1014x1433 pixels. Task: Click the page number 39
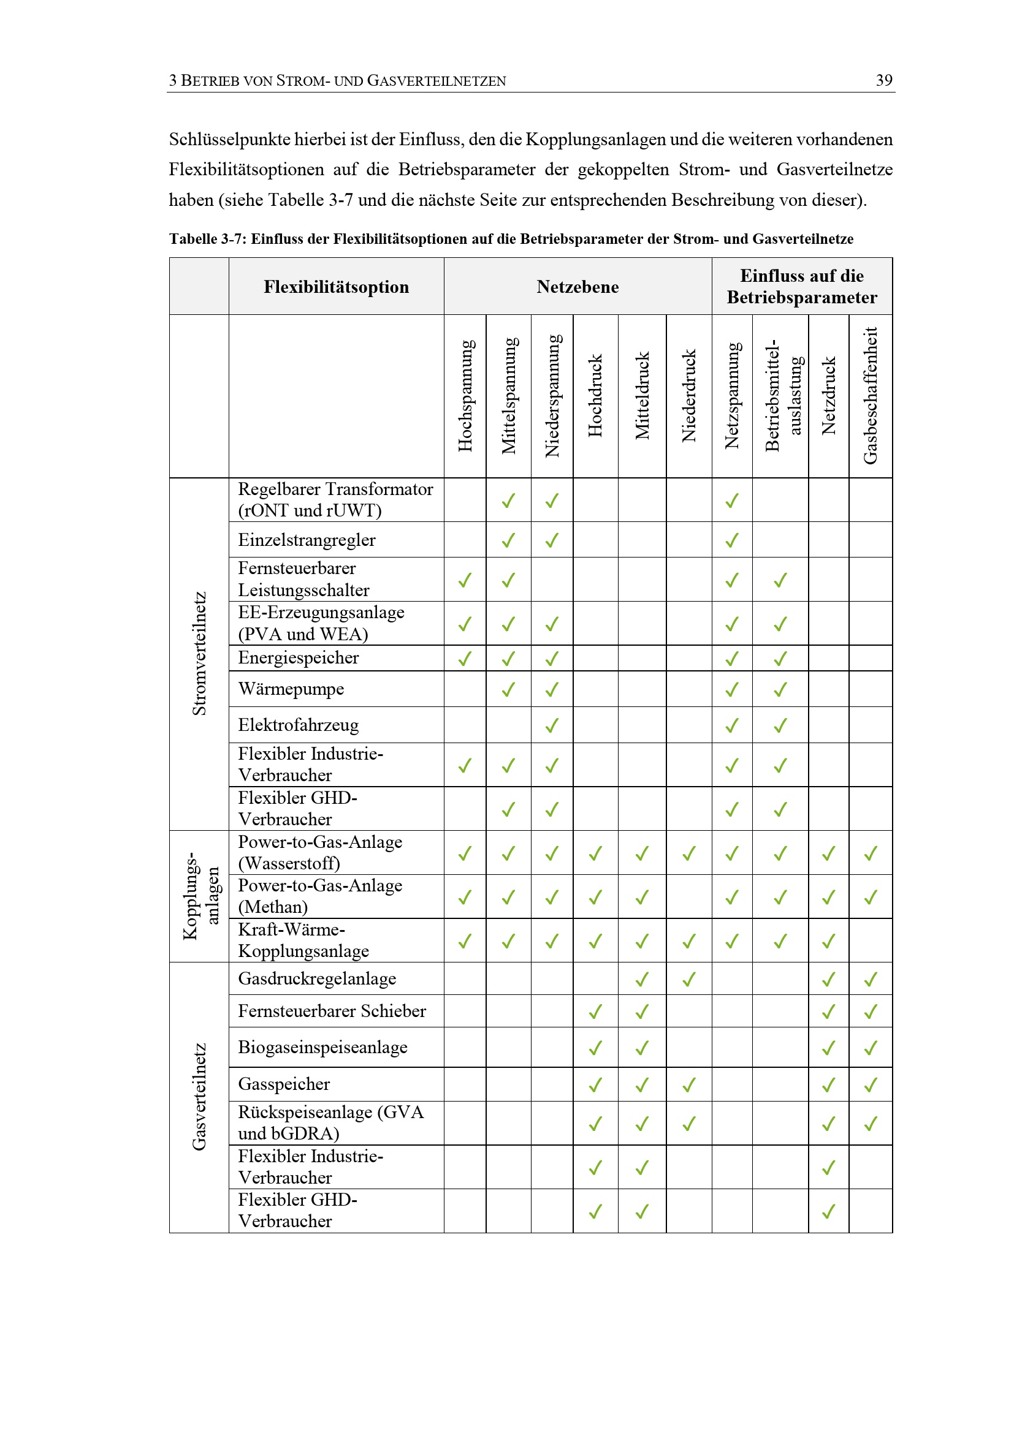[x=883, y=80]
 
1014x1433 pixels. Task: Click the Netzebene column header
[x=578, y=287]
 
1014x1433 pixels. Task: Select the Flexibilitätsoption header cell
[x=336, y=287]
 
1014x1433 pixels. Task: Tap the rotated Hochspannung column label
[x=466, y=396]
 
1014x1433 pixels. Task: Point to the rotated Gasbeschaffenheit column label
[x=871, y=396]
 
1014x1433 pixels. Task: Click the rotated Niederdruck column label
[x=688, y=396]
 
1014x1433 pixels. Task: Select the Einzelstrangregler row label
[x=307, y=540]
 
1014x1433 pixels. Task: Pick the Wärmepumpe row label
[x=291, y=689]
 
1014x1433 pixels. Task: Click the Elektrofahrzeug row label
[x=299, y=725]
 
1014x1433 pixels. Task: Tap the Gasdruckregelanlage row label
[x=317, y=978]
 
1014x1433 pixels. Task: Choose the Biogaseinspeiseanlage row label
[x=323, y=1047]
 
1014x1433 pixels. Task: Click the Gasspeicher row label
[x=284, y=1084]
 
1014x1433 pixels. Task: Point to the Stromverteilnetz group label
[x=199, y=654]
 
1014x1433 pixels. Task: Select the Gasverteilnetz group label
[x=199, y=1097]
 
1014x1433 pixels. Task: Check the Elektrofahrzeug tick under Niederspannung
[x=552, y=725]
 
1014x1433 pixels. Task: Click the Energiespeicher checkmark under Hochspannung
[x=465, y=659]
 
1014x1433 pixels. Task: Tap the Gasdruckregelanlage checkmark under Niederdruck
[x=688, y=979]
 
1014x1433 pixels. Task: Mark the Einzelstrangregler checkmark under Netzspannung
[x=732, y=540]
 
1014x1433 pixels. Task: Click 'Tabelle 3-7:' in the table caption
[x=208, y=239]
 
